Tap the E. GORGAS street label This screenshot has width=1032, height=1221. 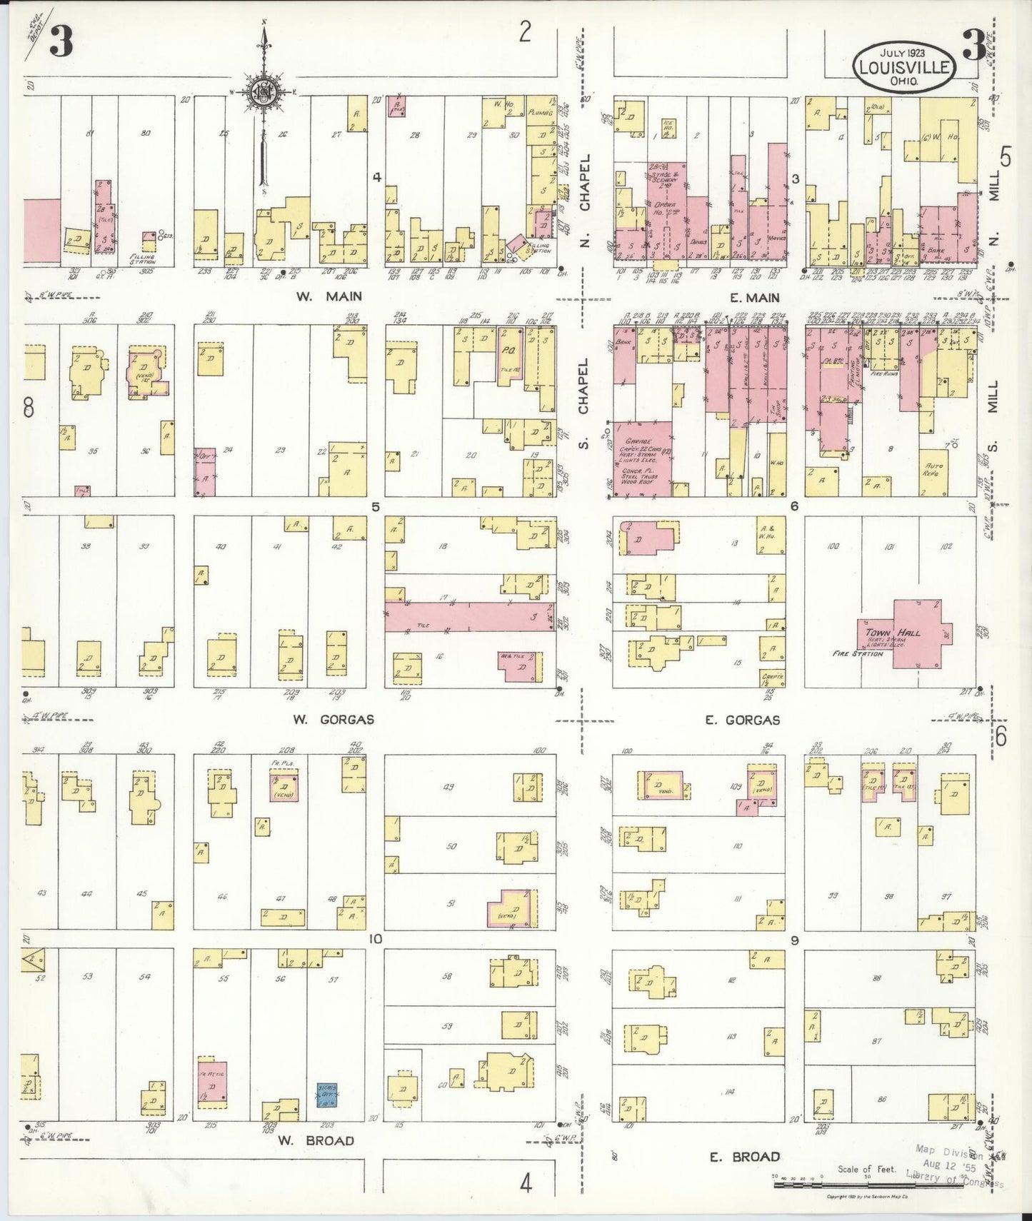(742, 720)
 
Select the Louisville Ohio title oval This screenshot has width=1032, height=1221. (905, 67)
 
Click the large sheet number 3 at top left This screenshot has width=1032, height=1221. (61, 44)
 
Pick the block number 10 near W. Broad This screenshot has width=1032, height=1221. (375, 938)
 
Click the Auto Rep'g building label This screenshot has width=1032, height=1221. (933, 470)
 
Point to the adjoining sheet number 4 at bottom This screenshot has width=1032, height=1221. (526, 1184)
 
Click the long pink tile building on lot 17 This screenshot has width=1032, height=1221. (470, 615)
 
